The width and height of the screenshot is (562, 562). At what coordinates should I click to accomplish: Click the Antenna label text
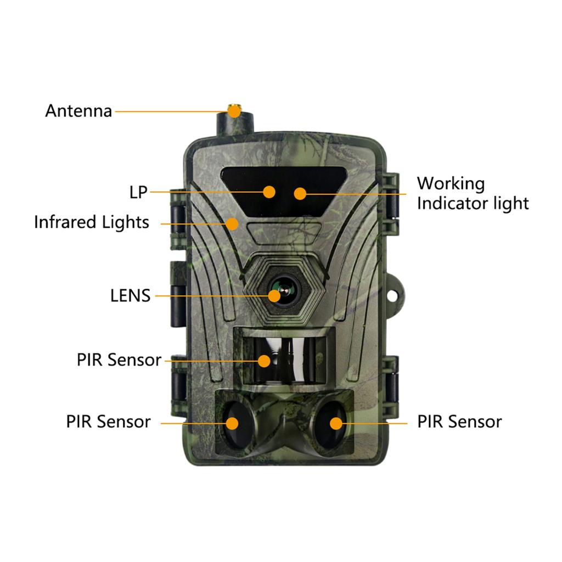pos(78,111)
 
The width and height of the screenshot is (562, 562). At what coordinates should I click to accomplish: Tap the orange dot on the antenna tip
pos(235,111)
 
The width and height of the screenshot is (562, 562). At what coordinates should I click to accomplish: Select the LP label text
pos(138,192)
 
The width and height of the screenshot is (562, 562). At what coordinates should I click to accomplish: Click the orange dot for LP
pos(269,192)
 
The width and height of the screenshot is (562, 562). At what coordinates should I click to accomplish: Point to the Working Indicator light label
pos(472,193)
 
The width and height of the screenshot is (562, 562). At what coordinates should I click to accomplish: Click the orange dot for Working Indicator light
pos(300,193)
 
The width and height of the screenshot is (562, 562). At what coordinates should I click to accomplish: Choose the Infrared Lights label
pos(91,222)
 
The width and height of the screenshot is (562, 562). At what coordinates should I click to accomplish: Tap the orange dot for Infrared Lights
pos(233,223)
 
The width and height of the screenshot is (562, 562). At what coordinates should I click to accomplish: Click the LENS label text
pos(130,296)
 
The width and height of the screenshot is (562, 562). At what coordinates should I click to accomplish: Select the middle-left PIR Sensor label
pos(119,360)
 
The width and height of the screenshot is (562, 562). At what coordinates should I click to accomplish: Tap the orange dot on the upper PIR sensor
pos(265,361)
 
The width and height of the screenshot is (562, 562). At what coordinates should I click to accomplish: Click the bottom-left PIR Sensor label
pos(108,422)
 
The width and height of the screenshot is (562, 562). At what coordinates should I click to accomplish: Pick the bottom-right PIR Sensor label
pos(459,422)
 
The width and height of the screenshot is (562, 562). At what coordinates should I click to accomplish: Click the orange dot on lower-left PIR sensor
pos(233,423)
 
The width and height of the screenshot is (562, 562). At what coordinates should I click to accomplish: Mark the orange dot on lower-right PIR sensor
pos(335,423)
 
